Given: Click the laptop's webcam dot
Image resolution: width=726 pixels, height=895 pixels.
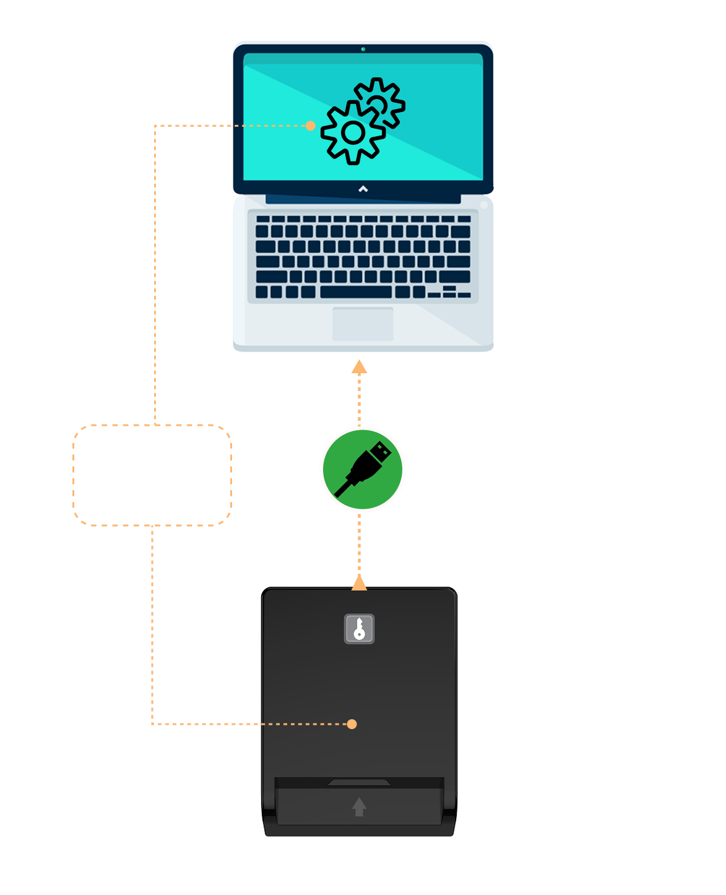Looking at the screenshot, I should point(363,49).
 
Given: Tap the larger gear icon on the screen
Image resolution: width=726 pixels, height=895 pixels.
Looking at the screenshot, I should point(353,132).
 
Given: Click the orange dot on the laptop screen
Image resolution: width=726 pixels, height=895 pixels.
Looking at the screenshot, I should point(311,126).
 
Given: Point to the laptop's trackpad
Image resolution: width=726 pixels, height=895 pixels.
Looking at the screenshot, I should point(363,324).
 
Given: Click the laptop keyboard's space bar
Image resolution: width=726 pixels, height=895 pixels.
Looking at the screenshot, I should point(356,292).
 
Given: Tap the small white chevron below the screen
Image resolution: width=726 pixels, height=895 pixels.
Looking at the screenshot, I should point(363,189).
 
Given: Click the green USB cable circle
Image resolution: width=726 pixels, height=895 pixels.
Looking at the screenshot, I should point(363,469).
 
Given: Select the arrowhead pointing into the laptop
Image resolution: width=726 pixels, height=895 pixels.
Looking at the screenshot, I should point(360,367).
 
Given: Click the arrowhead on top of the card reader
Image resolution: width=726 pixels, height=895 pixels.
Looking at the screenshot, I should point(360,582).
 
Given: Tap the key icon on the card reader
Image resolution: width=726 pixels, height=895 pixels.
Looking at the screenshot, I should point(359,629).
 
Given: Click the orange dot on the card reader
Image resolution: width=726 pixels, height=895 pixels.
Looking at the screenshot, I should point(352,724).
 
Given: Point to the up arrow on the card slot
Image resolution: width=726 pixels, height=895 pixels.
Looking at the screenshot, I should point(359,806).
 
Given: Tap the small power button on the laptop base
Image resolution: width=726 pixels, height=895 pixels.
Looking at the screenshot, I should point(484,205).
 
